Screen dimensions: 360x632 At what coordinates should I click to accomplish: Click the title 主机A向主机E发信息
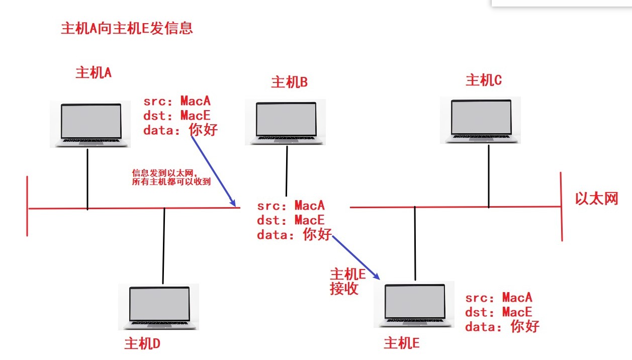[x=127, y=28]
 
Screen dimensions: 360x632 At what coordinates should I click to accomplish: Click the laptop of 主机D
[x=159, y=307]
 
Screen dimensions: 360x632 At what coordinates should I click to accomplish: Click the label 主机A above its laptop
[x=94, y=73]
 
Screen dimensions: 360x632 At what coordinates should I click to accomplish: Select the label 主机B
[x=289, y=82]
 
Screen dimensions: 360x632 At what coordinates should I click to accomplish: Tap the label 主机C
[x=484, y=80]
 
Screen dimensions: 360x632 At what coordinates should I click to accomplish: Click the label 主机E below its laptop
[x=401, y=343]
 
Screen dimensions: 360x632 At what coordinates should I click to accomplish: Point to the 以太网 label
[x=596, y=199]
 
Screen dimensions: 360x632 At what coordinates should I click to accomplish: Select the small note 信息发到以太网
[x=171, y=177]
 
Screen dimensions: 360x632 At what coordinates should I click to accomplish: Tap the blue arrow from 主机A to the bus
[x=213, y=170]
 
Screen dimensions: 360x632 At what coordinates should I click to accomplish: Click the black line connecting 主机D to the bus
[x=164, y=245]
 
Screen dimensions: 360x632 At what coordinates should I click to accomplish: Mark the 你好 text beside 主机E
[x=525, y=326]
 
